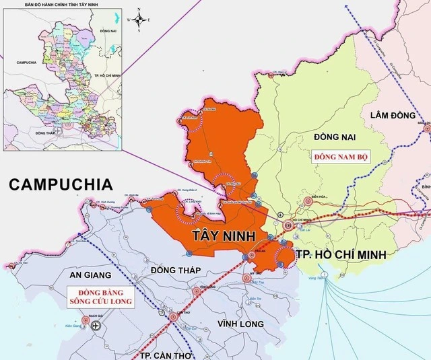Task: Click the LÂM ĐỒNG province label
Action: (393, 116)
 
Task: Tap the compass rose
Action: (139, 20)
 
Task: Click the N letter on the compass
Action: (139, 10)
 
